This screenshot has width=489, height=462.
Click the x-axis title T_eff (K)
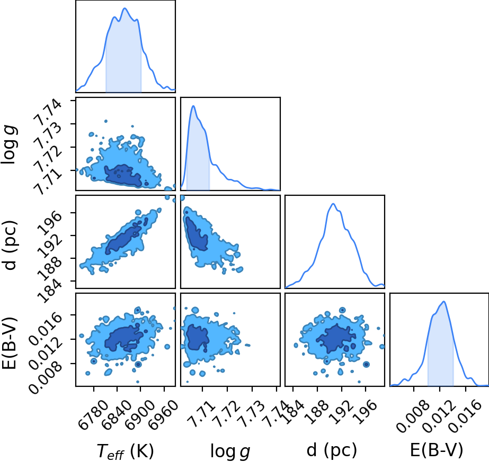tap(126, 451)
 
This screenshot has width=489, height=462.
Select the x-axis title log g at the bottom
tap(230, 451)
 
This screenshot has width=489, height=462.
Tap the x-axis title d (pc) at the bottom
tap(332, 450)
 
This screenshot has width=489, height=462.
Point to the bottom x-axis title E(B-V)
tap(437, 450)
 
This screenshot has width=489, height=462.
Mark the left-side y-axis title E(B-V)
tap(8, 343)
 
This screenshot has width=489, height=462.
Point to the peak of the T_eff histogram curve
tap(125, 8)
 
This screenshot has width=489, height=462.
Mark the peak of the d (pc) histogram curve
tap(333, 204)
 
